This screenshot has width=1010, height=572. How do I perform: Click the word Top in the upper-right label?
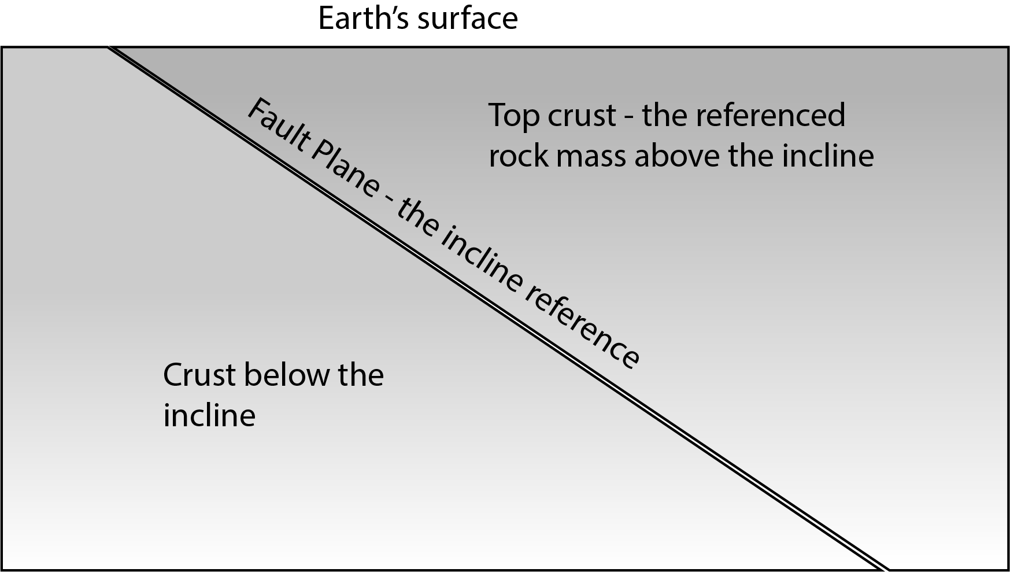click(513, 115)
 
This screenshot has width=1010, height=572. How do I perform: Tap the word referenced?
click(770, 115)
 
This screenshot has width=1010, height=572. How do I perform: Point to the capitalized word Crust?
click(199, 375)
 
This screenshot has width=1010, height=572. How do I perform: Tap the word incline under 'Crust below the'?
click(209, 416)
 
